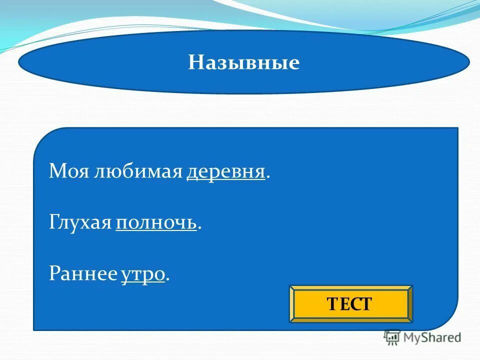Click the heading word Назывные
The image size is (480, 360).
(x=244, y=62)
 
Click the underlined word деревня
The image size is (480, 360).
(x=225, y=172)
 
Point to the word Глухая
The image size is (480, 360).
(x=80, y=223)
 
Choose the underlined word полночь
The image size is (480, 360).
(x=156, y=223)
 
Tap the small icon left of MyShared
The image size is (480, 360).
(x=392, y=337)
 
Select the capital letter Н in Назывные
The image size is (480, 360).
(x=194, y=63)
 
